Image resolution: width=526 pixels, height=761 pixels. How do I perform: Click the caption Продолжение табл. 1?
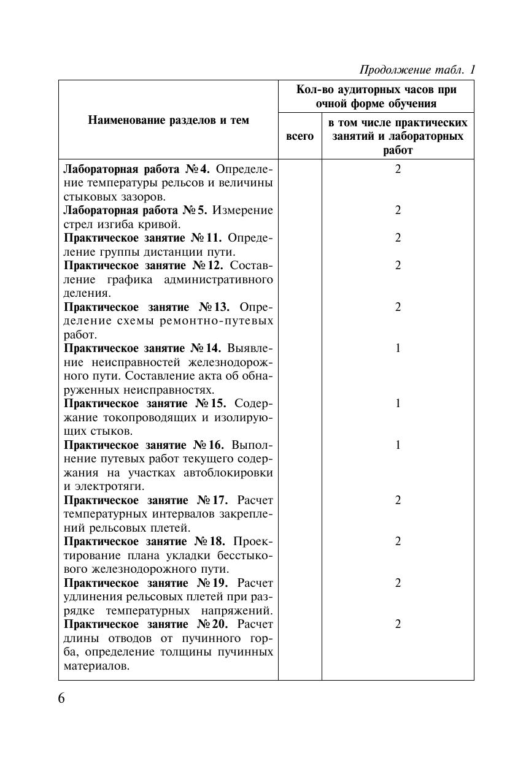[x=417, y=70]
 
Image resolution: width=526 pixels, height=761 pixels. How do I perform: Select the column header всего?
[x=300, y=136]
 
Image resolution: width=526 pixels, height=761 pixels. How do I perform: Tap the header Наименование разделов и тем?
[x=168, y=120]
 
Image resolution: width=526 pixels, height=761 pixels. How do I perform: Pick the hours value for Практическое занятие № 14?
[x=398, y=348]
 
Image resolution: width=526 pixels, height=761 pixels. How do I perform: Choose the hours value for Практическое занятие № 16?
[x=398, y=445]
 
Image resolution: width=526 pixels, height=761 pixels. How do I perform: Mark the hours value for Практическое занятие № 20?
[x=398, y=624]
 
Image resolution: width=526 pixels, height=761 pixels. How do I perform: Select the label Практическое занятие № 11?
[x=142, y=238]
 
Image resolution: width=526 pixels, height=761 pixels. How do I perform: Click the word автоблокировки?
[x=228, y=473]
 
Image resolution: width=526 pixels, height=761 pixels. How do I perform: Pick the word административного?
[x=219, y=280]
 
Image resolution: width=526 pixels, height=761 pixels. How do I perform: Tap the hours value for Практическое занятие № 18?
[x=398, y=541]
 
